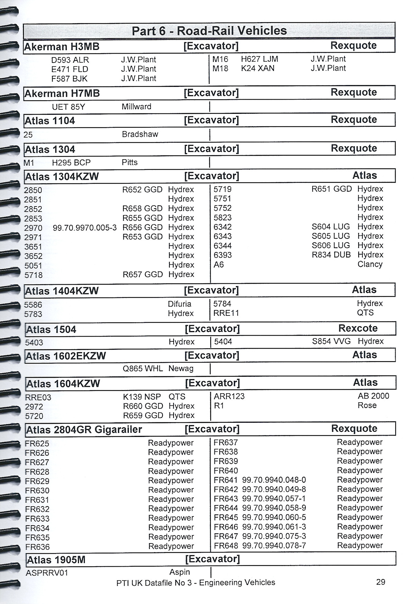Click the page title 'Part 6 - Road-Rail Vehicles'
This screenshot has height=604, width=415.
209,31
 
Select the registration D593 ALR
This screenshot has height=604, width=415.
70,60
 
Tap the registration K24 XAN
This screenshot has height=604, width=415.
258,68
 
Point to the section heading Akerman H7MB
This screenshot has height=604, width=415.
62,93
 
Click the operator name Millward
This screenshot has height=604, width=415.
136,107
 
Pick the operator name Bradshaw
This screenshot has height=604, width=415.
140,134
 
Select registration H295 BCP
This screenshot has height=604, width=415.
71,163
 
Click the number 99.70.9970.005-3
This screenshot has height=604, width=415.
85,228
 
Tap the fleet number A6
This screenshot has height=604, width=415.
219,265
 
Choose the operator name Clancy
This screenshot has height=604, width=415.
370,264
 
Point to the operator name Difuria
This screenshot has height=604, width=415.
179,304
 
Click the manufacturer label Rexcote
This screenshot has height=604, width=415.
358,328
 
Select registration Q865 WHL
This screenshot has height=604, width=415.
142,369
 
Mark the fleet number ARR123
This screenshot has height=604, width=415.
229,396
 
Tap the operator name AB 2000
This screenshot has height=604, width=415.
373,396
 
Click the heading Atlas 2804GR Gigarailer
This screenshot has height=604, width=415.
84,430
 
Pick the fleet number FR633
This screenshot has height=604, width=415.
37,519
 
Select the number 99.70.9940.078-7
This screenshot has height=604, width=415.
274,546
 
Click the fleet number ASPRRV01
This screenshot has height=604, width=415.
47,573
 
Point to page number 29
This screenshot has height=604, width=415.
380,582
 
